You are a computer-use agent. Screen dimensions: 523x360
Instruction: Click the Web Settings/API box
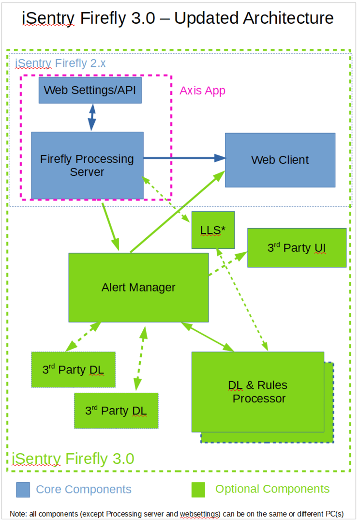click(90, 90)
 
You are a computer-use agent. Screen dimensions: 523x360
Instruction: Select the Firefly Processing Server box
click(87, 165)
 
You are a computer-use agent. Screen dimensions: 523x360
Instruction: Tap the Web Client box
click(280, 160)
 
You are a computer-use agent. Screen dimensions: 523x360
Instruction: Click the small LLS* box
click(213, 230)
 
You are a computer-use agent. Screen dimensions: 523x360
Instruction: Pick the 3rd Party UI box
click(297, 247)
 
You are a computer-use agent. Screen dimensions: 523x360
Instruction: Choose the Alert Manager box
click(138, 287)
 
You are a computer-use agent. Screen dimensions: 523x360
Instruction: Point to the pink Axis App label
click(202, 91)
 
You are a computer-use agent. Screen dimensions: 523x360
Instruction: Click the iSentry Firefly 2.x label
click(60, 63)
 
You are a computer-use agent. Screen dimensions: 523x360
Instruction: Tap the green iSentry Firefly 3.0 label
click(73, 458)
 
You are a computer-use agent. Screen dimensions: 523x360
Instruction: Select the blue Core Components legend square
click(23, 490)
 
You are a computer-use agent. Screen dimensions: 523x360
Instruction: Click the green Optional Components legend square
click(198, 490)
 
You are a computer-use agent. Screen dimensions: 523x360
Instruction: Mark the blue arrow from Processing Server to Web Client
click(184, 158)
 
